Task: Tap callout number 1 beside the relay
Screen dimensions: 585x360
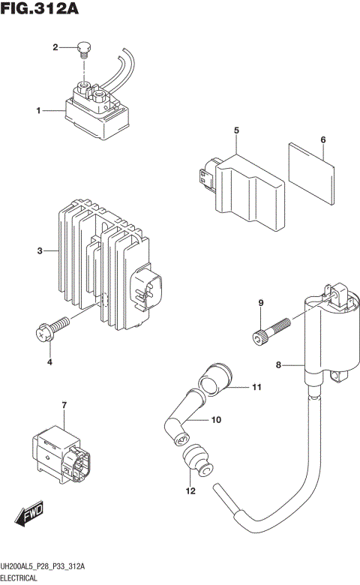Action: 37,111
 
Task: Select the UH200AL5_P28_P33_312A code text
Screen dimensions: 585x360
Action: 43,567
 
